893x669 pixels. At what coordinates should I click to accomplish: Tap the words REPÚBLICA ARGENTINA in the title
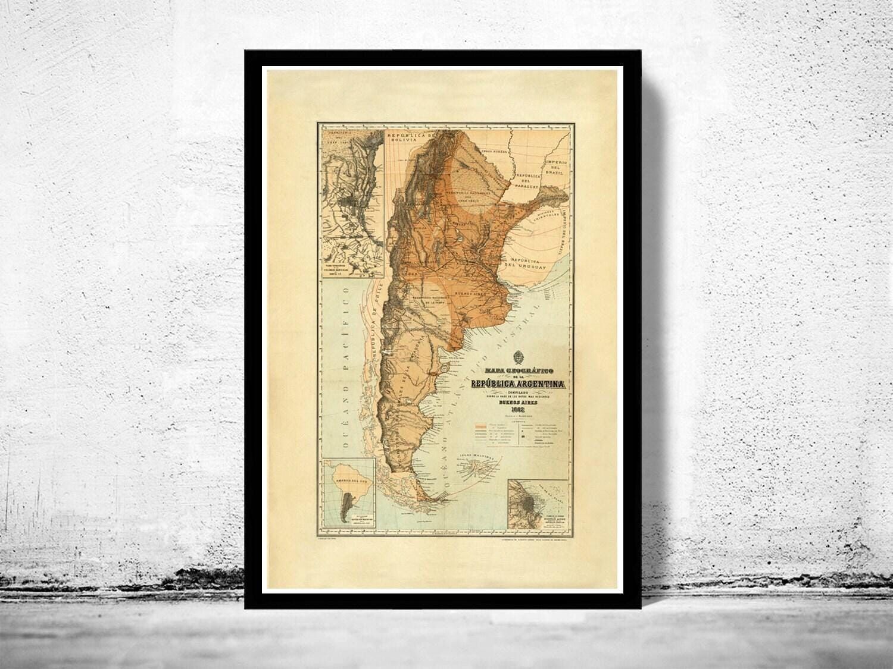517,384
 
